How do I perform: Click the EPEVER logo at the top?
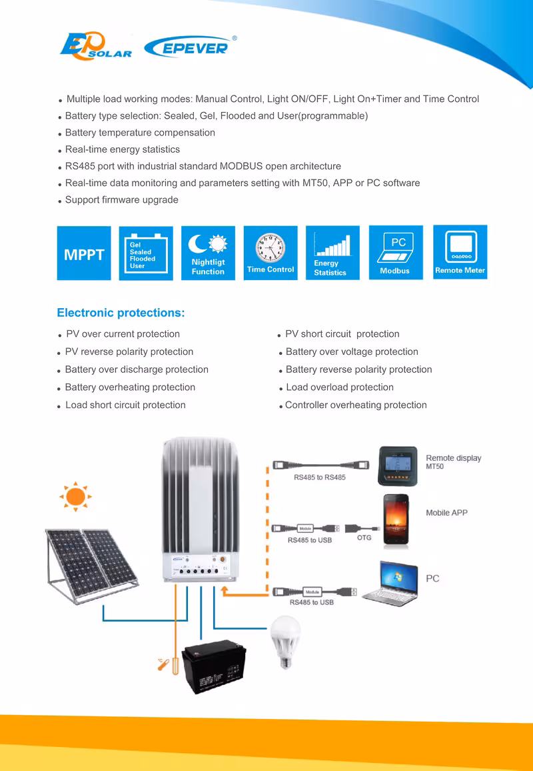pyautogui.click(x=188, y=47)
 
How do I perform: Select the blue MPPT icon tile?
pyautogui.click(x=84, y=253)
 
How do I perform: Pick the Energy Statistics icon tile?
pyautogui.click(x=332, y=253)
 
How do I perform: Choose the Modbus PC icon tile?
pyautogui.click(x=396, y=253)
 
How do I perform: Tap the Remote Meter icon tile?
pyautogui.click(x=460, y=253)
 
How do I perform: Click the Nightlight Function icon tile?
pyautogui.click(x=208, y=253)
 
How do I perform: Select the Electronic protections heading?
pyautogui.click(x=121, y=313)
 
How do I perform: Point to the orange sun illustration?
pyautogui.click(x=76, y=496)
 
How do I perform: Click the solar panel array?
pyautogui.click(x=91, y=564)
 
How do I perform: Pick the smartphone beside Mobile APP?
pyautogui.click(x=398, y=522)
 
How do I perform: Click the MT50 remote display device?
pyautogui.click(x=397, y=466)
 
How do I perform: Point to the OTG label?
pyautogui.click(x=364, y=538)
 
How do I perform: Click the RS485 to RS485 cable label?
pyautogui.click(x=320, y=478)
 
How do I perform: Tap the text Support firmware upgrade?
pyautogui.click(x=121, y=200)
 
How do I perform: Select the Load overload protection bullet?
pyautogui.click(x=339, y=388)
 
